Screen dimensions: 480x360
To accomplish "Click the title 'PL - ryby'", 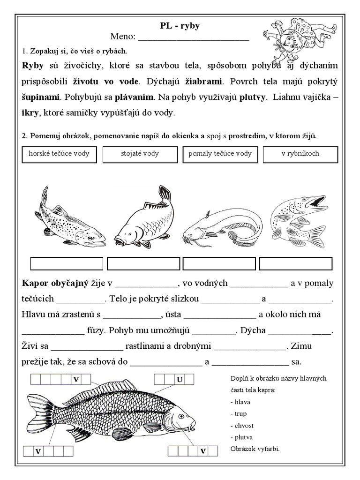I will click(x=180, y=26).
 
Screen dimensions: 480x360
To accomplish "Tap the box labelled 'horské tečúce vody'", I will click(x=59, y=154).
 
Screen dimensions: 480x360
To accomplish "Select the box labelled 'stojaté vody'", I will click(x=140, y=154).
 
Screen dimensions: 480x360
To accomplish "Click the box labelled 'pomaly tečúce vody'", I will click(x=220, y=154).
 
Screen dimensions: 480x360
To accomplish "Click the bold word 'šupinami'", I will click(x=41, y=97).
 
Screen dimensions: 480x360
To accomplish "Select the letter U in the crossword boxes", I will click(x=179, y=379).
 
